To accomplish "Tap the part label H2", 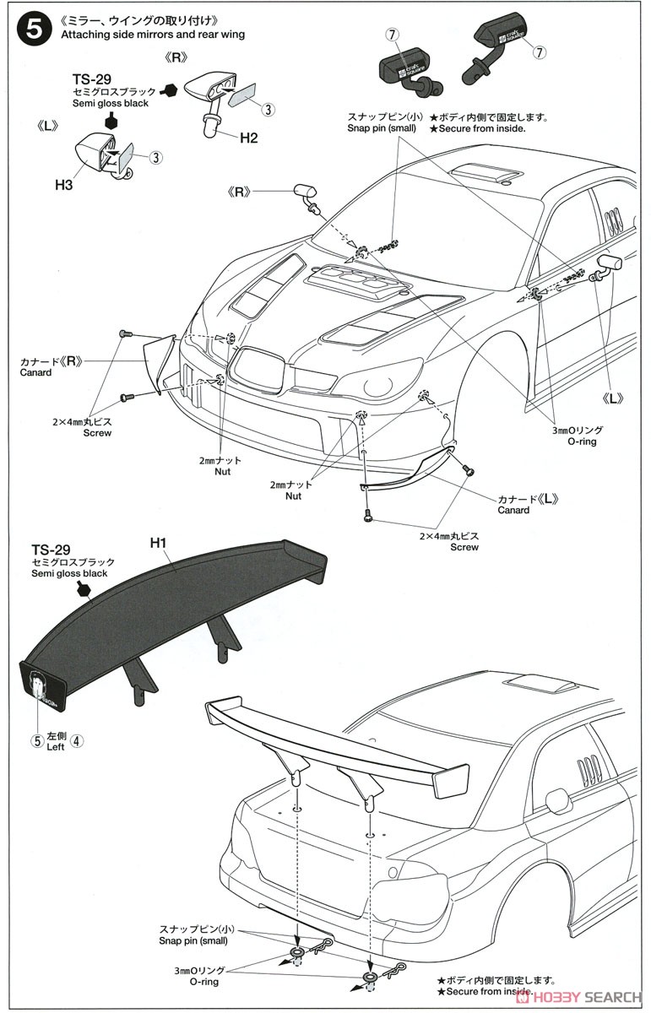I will pyautogui.click(x=247, y=138).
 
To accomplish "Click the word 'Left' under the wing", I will pyautogui.click(x=56, y=747).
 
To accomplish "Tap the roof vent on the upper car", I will pyautogui.click(x=486, y=174).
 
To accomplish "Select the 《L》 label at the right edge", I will pyautogui.click(x=614, y=398).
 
